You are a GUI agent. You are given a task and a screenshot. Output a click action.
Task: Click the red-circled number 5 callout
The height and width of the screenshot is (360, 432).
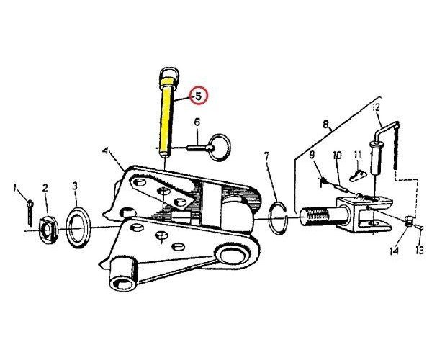coord(199,95)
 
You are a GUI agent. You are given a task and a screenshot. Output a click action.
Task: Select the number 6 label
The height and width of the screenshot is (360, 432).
coord(197,122)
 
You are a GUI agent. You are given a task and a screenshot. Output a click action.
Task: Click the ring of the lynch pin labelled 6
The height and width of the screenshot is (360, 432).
coord(220,148)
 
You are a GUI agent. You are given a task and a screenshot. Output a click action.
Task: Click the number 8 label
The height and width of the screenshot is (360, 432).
coord(326,125)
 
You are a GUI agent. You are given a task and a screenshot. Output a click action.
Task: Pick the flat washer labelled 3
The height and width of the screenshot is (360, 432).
coord(78,228)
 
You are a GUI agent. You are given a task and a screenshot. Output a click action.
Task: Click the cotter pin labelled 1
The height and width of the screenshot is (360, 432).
coord(30,213)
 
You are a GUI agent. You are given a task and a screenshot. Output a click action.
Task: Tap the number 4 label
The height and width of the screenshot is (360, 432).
coord(105,151)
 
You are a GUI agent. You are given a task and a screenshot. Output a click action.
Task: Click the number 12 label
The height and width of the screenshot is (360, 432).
coord(376,107)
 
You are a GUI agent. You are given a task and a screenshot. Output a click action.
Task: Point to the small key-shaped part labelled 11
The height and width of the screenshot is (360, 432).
coord(358,176)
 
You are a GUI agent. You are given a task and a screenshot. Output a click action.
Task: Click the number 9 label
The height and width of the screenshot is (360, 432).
coord(312,155)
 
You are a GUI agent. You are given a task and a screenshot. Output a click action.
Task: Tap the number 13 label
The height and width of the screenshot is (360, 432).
coord(420,251)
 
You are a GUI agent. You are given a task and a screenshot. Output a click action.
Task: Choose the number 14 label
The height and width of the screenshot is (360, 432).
coord(394,251)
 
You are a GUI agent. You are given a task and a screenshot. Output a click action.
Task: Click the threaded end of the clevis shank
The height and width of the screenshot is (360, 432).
coord(317,217)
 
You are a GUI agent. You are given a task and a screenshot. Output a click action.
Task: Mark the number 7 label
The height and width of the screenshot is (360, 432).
coord(266,156)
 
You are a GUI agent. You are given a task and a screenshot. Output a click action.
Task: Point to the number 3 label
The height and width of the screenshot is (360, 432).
coord(75,186)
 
